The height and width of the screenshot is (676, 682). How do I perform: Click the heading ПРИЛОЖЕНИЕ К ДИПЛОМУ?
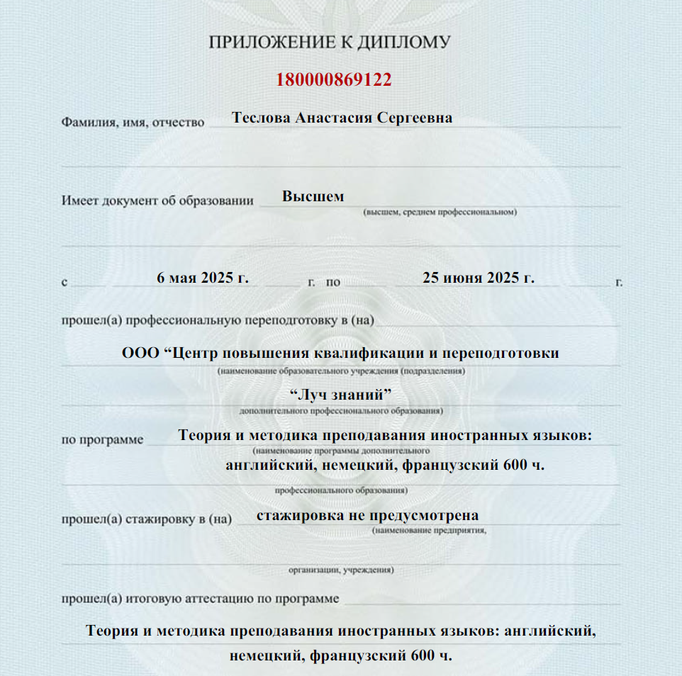(x=330, y=43)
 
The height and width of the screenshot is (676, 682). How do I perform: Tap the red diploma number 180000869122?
(x=334, y=79)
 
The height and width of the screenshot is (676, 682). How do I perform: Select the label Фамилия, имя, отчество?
(x=133, y=123)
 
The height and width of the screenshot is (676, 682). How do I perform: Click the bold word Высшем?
(x=313, y=196)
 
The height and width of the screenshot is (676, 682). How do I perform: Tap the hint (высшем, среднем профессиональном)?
(x=440, y=212)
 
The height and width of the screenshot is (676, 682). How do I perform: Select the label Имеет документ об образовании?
(x=157, y=201)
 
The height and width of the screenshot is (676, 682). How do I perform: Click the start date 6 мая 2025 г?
(x=203, y=277)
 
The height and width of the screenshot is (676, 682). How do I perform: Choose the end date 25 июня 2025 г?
(x=478, y=277)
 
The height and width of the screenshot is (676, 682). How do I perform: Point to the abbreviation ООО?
(x=142, y=353)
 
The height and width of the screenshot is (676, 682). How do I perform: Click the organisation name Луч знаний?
(x=341, y=393)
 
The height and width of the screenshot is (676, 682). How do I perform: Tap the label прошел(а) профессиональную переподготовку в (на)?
(x=218, y=320)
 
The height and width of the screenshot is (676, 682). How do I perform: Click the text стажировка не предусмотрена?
(x=367, y=515)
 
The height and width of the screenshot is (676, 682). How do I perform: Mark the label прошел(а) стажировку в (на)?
(x=147, y=519)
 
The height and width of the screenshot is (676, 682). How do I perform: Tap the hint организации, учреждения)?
(x=341, y=569)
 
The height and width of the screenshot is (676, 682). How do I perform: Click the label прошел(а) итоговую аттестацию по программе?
(x=200, y=599)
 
